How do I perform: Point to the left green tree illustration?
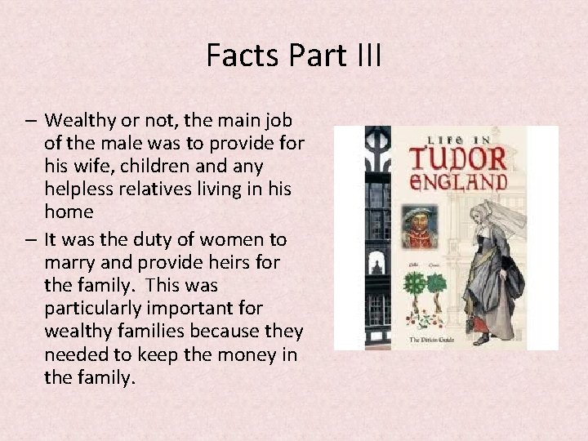[x=414, y=285]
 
